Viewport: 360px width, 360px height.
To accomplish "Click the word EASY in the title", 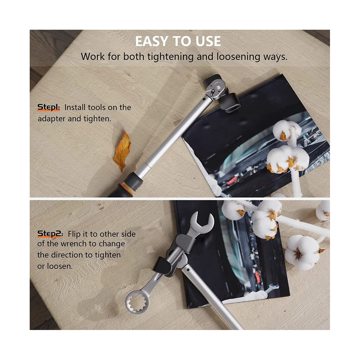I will click(152, 41).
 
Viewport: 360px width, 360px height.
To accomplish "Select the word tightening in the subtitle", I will click(170, 57).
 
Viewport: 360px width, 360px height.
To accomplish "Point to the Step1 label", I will click(49, 107).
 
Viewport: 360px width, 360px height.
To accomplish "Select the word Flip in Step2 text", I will click(74, 234).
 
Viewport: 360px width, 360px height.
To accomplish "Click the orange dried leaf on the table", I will click(122, 151).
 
